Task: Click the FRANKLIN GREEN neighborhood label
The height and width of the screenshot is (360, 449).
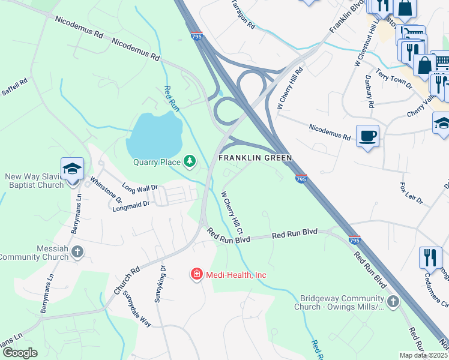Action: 255,158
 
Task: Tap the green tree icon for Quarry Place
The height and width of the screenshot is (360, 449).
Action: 190,160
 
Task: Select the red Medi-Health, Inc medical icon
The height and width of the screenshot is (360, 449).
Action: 196,274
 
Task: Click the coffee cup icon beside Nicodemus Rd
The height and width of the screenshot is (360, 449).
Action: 367,135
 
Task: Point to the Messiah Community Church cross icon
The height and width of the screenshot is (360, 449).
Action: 77,251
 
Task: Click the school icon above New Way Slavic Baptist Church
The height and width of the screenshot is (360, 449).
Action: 71,169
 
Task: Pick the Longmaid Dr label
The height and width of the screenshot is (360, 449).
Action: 131,206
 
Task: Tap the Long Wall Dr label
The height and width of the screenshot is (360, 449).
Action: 139,188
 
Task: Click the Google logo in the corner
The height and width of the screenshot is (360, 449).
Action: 19,353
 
